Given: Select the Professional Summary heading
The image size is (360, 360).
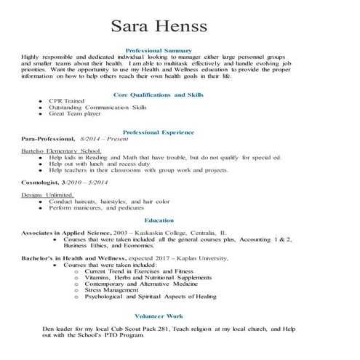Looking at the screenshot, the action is (159, 49).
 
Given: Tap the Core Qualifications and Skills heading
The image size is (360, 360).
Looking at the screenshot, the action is (159, 95).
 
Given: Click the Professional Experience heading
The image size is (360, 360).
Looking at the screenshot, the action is (159, 132).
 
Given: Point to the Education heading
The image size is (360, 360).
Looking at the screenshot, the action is (159, 219).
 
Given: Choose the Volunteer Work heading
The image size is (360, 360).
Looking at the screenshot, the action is (159, 316).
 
